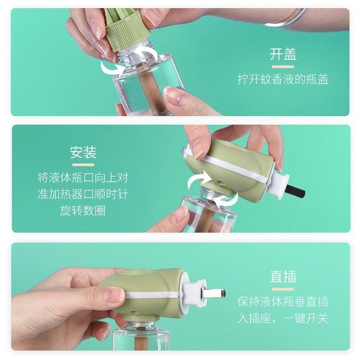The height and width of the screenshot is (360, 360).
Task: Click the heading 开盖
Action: click(x=283, y=54)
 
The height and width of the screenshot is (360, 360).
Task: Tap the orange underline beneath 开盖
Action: click(x=283, y=67)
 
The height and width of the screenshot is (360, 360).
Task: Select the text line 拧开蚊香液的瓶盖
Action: click(x=283, y=80)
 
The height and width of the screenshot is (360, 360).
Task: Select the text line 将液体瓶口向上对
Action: click(x=83, y=177)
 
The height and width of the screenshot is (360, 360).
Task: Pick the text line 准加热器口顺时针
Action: click(x=83, y=194)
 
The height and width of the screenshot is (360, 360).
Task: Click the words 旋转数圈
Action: click(x=83, y=210)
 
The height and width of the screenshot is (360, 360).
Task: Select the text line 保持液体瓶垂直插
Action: click(x=283, y=301)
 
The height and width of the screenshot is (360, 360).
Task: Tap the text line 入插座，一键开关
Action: click(x=283, y=318)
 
